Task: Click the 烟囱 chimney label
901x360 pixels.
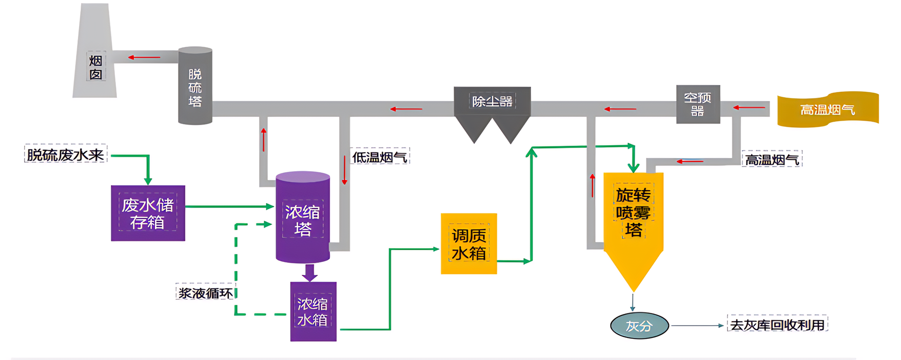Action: tap(96, 67)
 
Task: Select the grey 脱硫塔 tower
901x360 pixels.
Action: tap(195, 86)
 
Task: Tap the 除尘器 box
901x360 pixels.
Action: tap(492, 101)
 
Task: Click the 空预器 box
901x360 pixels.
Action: tap(698, 104)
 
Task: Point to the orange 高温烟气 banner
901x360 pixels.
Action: tap(827, 109)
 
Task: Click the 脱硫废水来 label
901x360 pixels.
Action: tap(66, 154)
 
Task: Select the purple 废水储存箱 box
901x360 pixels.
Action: tap(148, 213)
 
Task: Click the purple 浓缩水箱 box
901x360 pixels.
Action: tap(313, 311)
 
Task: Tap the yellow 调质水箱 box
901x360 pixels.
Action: tap(468, 244)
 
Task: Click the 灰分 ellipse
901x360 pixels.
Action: tap(639, 326)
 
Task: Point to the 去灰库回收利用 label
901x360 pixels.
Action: tap(777, 325)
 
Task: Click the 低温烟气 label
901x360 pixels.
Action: tap(380, 157)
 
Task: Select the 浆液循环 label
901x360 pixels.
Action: tap(205, 293)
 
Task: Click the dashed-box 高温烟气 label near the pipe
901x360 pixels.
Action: tap(772, 160)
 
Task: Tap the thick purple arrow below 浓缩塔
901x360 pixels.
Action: tap(309, 272)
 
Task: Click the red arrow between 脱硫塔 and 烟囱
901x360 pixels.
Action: tap(144, 57)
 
